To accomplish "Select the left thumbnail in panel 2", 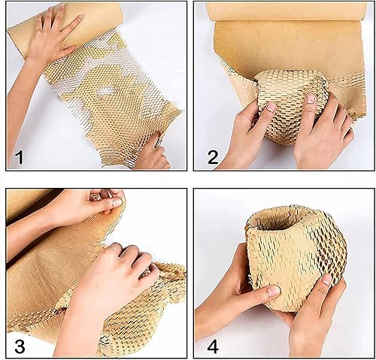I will (270, 108).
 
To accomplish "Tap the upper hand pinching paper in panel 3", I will (105, 201).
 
